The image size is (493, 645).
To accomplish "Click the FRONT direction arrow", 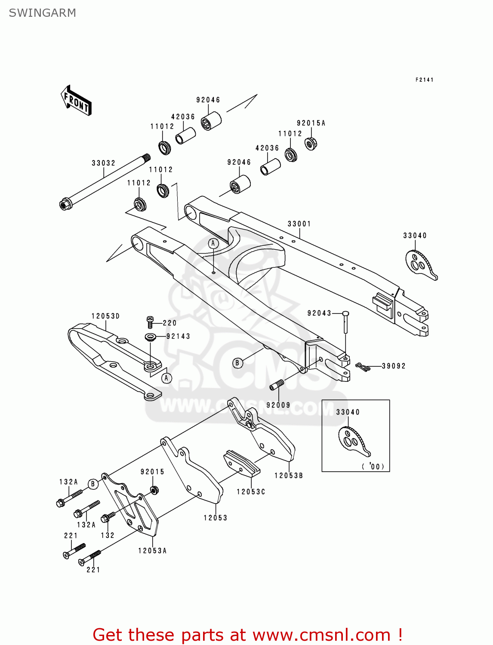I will point(76,101).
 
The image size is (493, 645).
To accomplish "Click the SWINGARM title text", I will point(42,13).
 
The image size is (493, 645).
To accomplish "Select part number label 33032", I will point(103,163).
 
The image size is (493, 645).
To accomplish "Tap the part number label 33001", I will point(299,224).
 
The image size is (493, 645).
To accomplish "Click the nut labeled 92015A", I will point(311,143).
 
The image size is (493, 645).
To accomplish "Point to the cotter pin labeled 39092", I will point(363,367).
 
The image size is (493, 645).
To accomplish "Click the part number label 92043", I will point(319,313).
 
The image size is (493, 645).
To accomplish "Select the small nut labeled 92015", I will point(154,489).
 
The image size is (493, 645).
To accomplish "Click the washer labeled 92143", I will point(151,336).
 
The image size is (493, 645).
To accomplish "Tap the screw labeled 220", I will point(150,321).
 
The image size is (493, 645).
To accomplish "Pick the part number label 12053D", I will point(105,316).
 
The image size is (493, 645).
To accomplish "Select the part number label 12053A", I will point(152,550).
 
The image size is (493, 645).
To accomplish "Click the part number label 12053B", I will point(289,475).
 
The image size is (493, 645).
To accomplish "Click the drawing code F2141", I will point(424,80).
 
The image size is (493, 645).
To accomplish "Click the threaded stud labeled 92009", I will point(277,385).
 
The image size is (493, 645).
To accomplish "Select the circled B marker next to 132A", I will point(93,484).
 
